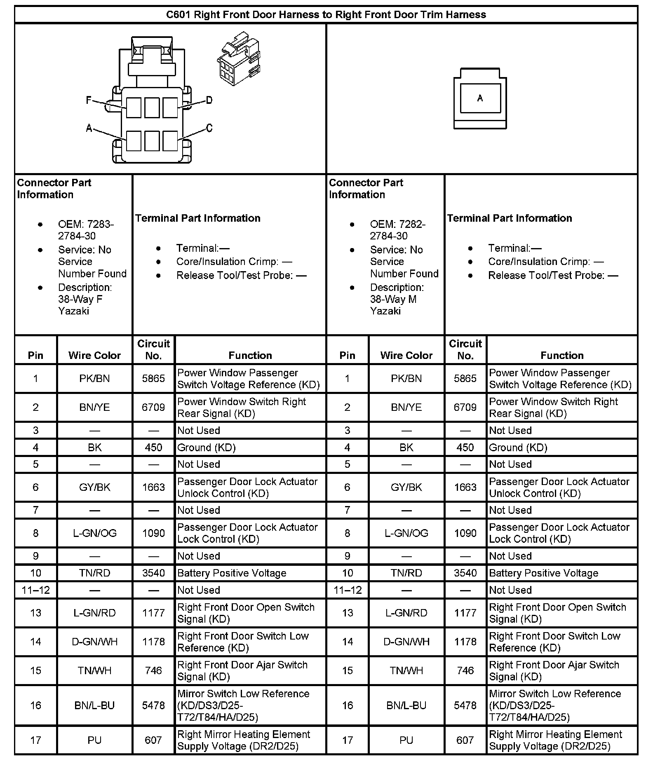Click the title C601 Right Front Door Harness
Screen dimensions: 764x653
click(326, 15)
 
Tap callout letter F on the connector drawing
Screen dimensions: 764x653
click(89, 100)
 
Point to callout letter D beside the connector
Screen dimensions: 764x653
click(209, 100)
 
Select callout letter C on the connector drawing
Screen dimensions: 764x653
click(209, 128)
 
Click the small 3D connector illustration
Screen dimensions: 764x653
click(239, 59)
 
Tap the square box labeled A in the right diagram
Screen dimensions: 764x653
click(480, 98)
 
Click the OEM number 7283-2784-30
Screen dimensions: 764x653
click(85, 230)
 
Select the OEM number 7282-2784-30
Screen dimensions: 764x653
click(397, 230)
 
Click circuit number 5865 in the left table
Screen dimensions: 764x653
click(153, 378)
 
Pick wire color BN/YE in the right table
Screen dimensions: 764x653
click(406, 407)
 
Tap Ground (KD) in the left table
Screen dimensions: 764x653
click(206, 448)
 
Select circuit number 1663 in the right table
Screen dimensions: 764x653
click(465, 487)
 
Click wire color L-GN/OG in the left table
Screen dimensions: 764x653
click(94, 533)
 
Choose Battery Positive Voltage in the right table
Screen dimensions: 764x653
click(543, 573)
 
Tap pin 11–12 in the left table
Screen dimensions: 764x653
click(36, 590)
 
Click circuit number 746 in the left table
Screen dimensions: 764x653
click(153, 670)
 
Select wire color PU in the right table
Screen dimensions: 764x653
click(406, 740)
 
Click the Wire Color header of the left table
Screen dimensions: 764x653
click(94, 355)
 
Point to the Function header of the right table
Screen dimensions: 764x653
click(562, 355)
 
